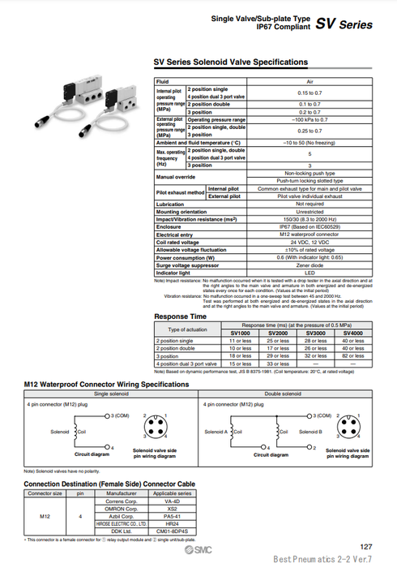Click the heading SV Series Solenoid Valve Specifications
click(x=231, y=62)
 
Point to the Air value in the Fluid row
click(x=309, y=81)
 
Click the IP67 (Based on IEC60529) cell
click(x=309, y=227)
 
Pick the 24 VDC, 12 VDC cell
click(x=309, y=242)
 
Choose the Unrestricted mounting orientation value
click(x=309, y=213)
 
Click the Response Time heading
click(x=181, y=316)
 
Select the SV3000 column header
click(x=315, y=333)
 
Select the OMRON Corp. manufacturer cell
click(x=122, y=508)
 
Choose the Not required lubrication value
click(x=309, y=205)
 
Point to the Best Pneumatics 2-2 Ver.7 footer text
click(x=322, y=560)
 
